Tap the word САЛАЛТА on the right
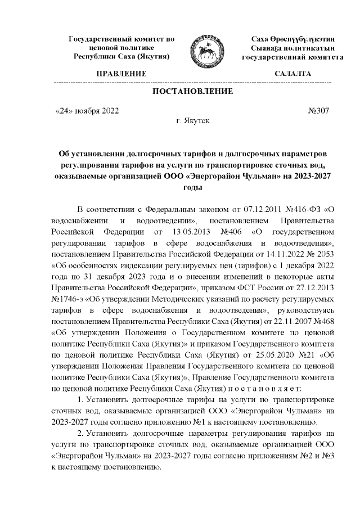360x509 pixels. (x=292, y=74)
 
